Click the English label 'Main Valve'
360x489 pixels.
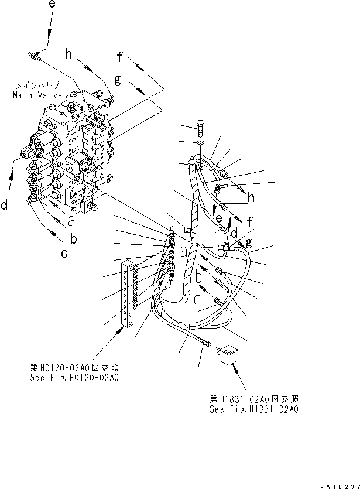pos(33,95)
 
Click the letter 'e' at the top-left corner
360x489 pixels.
pos(52,5)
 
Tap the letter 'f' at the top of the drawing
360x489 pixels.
pos(120,57)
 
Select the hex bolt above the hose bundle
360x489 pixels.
pos(200,128)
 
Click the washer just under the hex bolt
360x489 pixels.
pos(200,142)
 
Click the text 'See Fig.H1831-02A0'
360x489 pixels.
pos(253,409)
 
